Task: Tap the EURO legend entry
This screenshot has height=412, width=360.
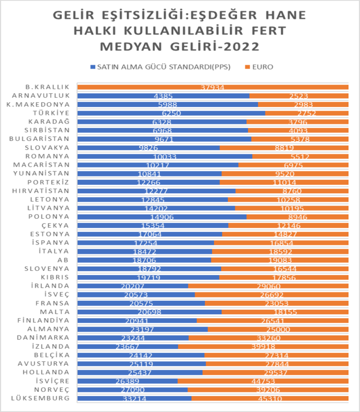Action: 261,67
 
